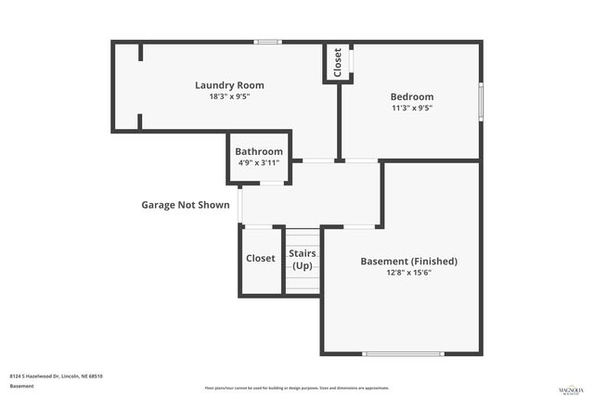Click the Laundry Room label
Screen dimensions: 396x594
tap(223, 85)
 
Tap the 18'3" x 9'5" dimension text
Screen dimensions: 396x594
tap(223, 96)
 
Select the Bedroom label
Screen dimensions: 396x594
tap(411, 96)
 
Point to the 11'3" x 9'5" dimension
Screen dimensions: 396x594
tap(411, 108)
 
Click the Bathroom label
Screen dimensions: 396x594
tap(259, 151)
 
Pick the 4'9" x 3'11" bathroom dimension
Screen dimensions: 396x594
tap(259, 162)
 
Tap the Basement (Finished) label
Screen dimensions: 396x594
tap(408, 261)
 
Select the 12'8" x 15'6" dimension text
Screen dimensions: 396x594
tap(408, 273)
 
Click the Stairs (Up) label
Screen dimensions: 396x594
tap(303, 259)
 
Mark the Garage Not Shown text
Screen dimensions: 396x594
tap(185, 205)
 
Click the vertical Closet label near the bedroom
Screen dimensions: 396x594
tap(337, 62)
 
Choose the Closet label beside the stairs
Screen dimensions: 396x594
tap(260, 259)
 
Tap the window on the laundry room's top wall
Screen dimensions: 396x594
tap(268, 41)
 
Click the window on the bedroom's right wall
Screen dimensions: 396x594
tap(481, 100)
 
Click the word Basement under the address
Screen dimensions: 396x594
tap(21, 386)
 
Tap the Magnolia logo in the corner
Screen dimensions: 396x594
tap(570, 386)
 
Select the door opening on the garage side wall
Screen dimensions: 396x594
tap(239, 204)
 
